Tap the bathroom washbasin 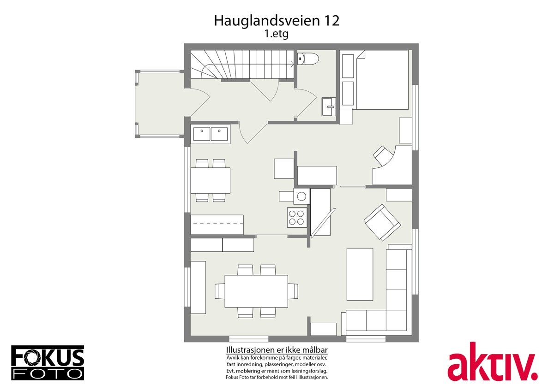[x=329, y=107]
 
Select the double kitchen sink [x=210, y=134]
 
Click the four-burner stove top [x=297, y=217]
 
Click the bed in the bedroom [x=382, y=80]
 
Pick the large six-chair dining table [x=256, y=291]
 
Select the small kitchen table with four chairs [x=210, y=180]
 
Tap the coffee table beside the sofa [x=360, y=274]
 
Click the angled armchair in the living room [x=382, y=222]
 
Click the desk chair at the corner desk [x=383, y=155]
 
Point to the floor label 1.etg [x=276, y=34]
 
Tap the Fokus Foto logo [x=48, y=362]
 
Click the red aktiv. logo [x=492, y=363]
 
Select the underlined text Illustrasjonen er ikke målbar [x=277, y=350]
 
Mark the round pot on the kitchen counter [x=301, y=196]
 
